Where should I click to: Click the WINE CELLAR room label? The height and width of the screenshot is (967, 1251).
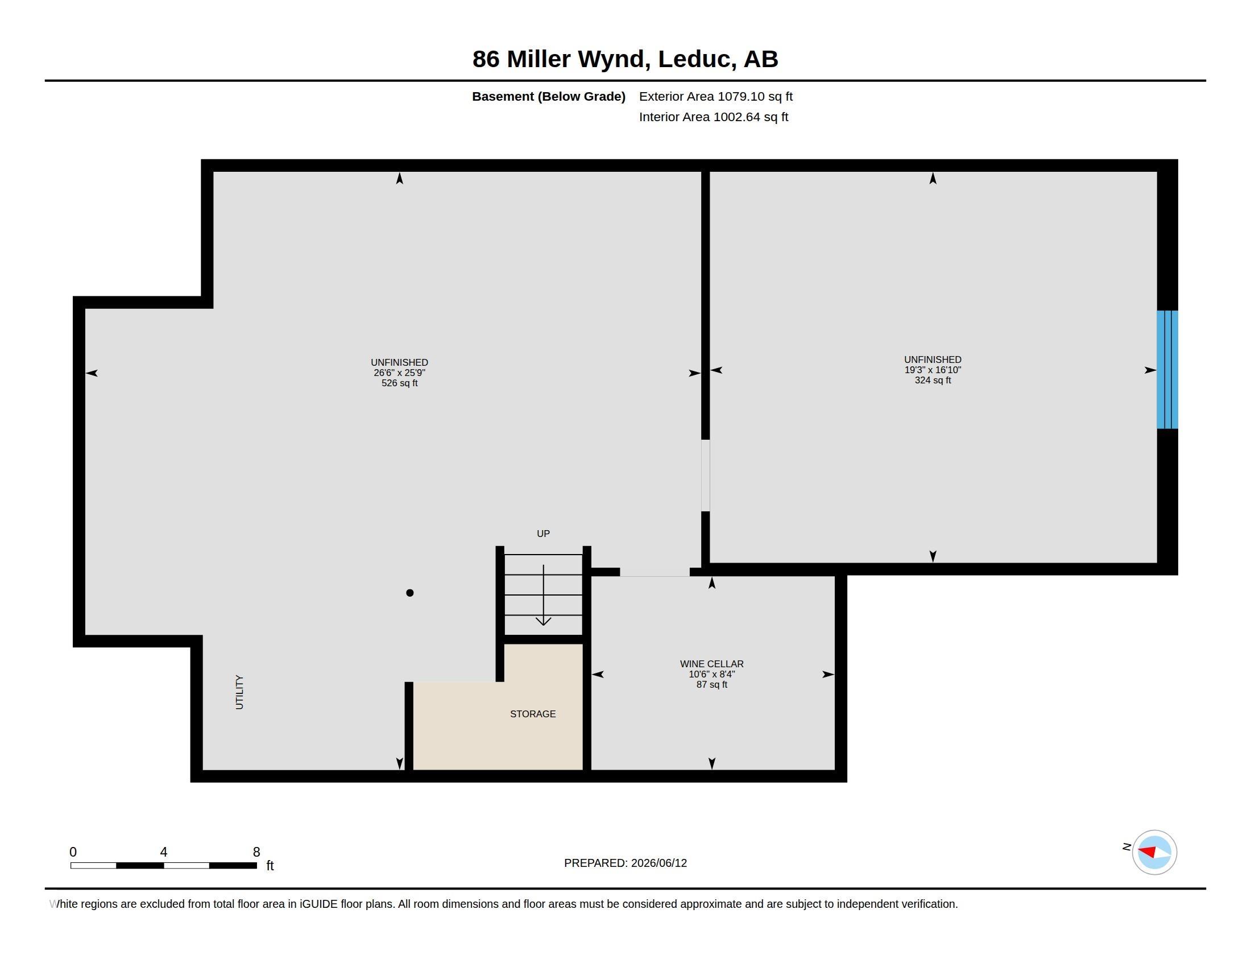click(711, 664)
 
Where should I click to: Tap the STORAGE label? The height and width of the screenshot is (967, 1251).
click(533, 714)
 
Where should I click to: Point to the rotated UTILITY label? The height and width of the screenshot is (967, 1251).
click(239, 692)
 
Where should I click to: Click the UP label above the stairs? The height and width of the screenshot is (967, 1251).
click(543, 534)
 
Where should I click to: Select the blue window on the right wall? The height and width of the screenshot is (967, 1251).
click(1167, 370)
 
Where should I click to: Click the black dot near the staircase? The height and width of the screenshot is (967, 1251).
click(409, 593)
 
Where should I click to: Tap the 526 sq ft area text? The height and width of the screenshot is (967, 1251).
click(399, 383)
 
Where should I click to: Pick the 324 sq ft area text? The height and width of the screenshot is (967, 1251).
click(933, 381)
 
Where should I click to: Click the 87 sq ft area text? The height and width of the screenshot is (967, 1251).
click(711, 684)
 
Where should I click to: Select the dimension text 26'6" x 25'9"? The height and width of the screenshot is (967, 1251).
click(399, 373)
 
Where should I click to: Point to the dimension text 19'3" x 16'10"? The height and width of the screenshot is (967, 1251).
click(933, 370)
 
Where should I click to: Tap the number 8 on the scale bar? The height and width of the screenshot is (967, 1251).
click(256, 852)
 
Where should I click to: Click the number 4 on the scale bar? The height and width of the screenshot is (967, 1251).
click(164, 852)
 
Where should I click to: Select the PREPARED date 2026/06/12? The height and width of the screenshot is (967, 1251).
click(658, 863)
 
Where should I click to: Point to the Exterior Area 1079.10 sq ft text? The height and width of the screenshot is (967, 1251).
click(716, 96)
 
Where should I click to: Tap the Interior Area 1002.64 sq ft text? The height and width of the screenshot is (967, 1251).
click(714, 117)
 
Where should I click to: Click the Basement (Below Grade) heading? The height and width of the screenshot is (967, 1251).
click(549, 97)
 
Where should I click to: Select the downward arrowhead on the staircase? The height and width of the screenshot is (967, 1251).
click(543, 622)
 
